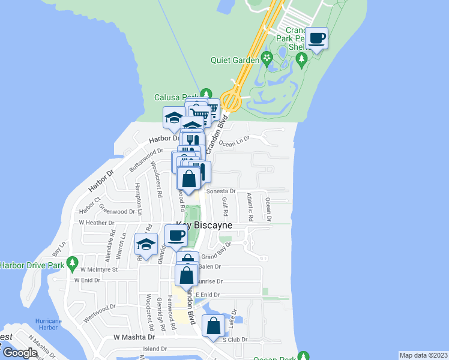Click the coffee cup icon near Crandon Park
pos(317,39)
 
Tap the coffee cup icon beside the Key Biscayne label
pos(176,236)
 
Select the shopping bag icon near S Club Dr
pos(214,326)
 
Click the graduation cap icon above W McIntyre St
pos(145,244)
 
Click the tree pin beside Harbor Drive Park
pos(73,263)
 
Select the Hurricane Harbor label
pos(48,325)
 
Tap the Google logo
pos(19,353)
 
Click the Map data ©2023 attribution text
pos(423,355)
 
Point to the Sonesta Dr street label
pos(221,191)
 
